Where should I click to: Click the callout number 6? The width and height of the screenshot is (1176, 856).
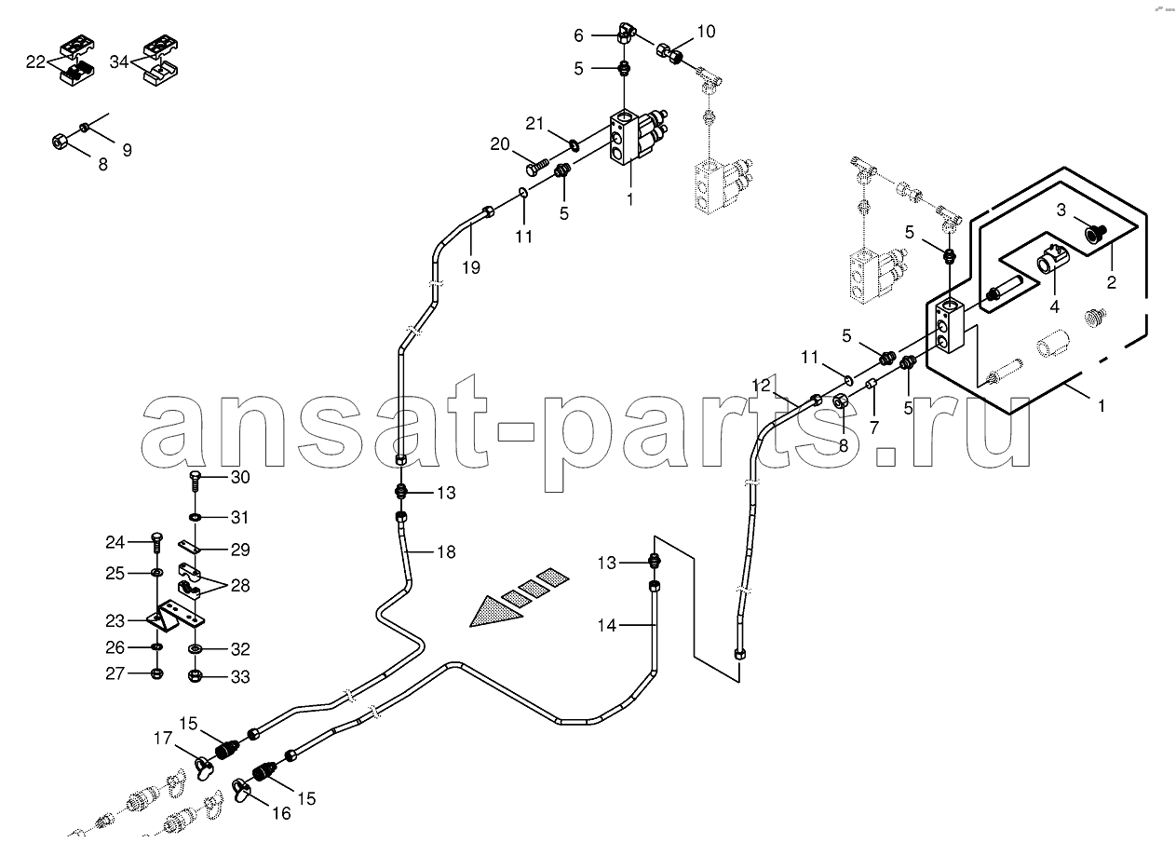coord(578,35)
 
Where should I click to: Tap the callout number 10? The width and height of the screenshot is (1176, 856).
coord(706,32)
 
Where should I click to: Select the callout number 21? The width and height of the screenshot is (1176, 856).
coord(534,123)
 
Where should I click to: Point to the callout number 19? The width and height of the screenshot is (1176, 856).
coord(471,267)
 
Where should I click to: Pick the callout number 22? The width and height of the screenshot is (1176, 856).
coord(35,62)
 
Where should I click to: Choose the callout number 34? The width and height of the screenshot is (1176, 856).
coord(119,62)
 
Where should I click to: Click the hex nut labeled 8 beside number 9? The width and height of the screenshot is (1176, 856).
coord(59,142)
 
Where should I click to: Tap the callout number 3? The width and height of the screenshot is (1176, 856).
coord(1061,211)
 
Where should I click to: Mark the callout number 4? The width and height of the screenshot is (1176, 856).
coord(1055,306)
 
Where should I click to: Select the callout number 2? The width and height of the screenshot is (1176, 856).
coord(1112,282)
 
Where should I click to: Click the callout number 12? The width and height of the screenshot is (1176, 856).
coord(761,386)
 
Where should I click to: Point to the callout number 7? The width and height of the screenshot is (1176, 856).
coord(873,428)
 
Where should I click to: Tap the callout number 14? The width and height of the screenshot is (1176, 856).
coord(607,625)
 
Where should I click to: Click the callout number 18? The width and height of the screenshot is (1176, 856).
coord(446,551)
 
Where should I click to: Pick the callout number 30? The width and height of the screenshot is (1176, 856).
coord(240,477)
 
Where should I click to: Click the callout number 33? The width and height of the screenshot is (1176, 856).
coord(240,676)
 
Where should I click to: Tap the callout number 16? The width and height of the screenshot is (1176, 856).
coord(281,813)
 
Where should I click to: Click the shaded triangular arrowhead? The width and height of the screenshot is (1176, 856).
coord(493,613)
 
